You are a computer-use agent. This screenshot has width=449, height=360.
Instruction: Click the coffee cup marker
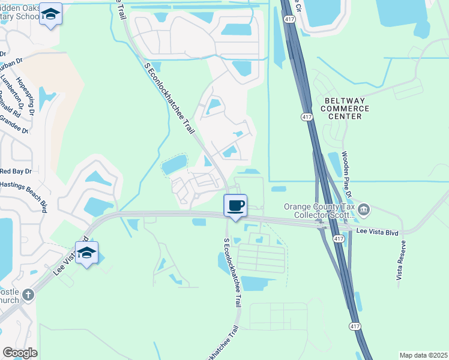point(235,206)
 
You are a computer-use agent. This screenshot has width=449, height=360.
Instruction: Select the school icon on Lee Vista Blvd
point(86,253)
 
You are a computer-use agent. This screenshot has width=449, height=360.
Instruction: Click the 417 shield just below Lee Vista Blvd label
point(339,239)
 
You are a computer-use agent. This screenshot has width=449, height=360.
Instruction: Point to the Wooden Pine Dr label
point(346,173)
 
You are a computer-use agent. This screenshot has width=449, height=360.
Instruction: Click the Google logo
point(20,353)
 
